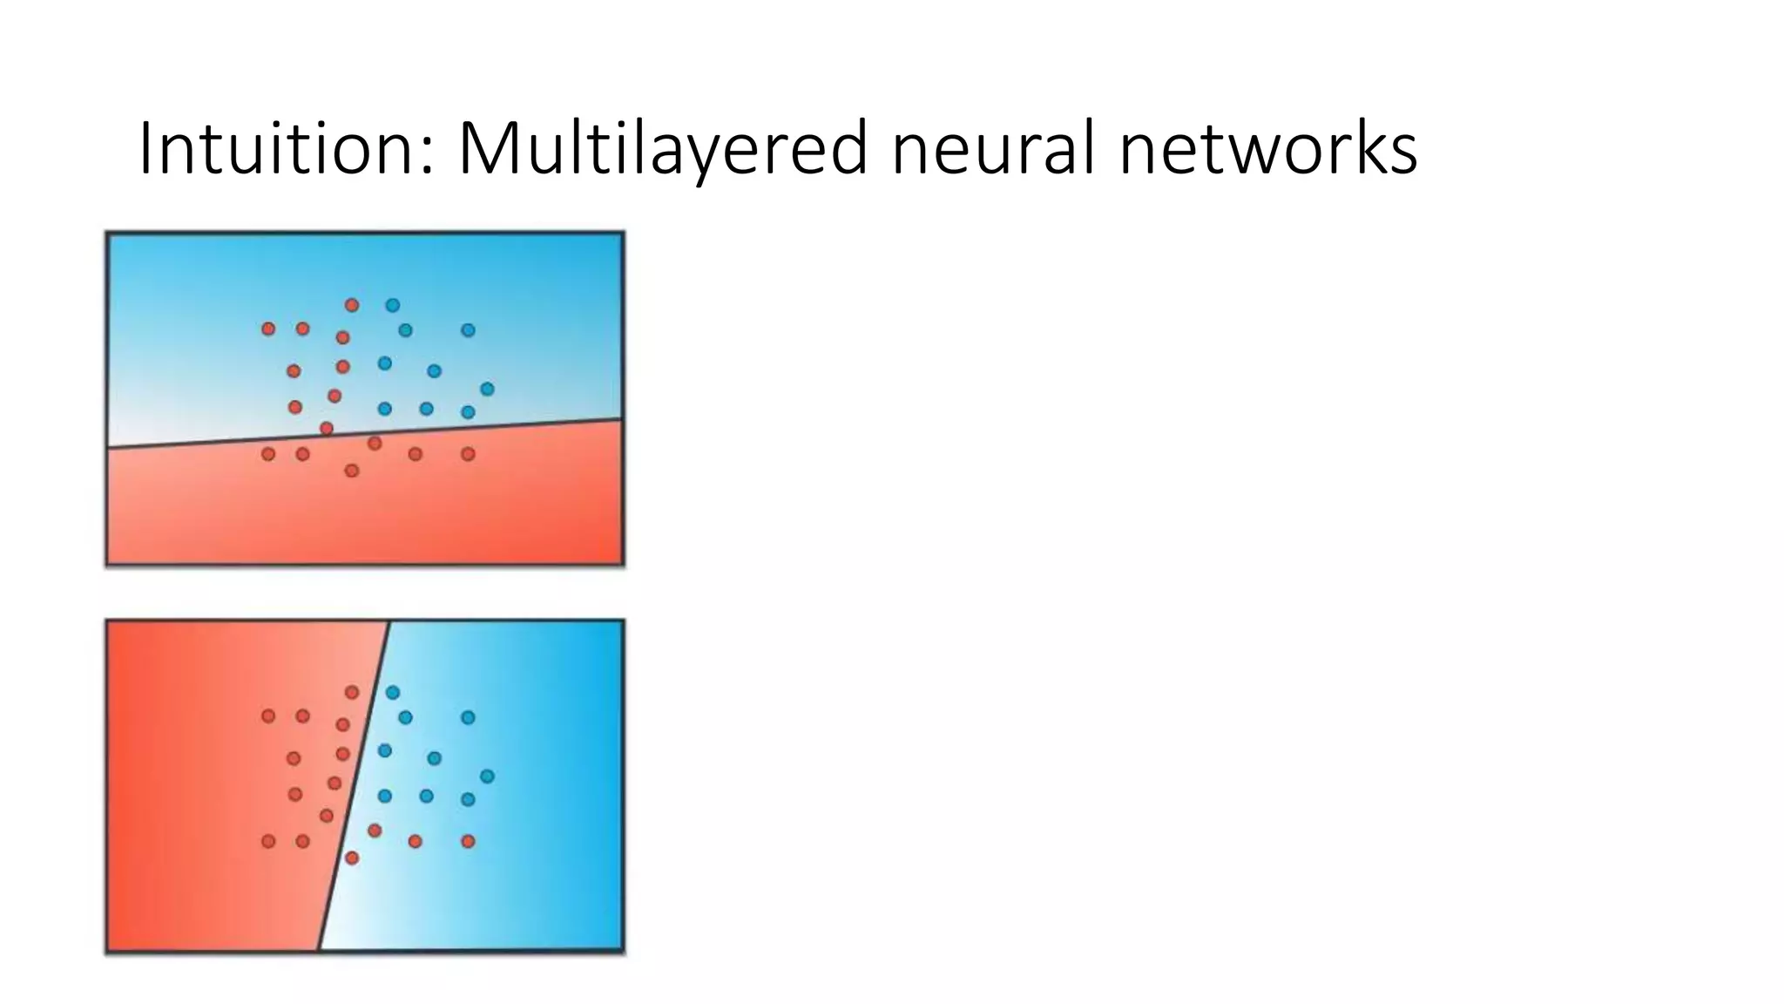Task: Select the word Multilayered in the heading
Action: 662,149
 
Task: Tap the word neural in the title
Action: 993,149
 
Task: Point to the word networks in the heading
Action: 1267,149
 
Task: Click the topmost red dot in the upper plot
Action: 352,305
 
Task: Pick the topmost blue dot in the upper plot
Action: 393,305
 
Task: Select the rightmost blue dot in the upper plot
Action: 487,389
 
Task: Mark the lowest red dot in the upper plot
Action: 352,471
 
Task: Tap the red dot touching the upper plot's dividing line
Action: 327,428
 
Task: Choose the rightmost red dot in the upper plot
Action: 468,454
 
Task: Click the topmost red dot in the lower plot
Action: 352,692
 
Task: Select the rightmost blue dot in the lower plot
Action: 487,776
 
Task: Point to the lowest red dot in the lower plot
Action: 352,858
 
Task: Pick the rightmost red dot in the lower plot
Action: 468,841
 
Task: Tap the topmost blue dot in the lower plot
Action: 393,692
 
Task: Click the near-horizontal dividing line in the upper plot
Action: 523,425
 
